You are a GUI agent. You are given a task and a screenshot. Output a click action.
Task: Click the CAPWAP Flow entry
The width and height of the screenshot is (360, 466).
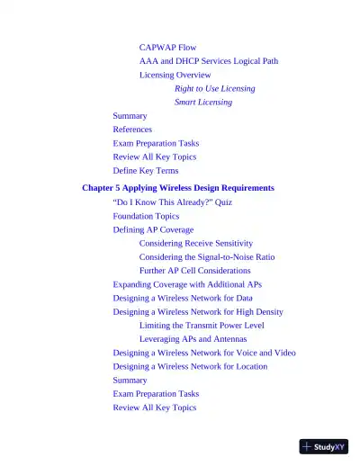coord(167,47)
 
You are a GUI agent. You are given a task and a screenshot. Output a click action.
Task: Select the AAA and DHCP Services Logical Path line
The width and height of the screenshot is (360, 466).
coord(208,61)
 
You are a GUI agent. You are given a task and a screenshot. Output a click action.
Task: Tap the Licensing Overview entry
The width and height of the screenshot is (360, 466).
coord(175,75)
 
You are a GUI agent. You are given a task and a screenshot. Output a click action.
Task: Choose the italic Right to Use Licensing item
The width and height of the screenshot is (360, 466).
coord(214,88)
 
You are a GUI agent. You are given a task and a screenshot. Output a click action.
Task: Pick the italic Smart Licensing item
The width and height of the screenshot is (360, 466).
coord(202,102)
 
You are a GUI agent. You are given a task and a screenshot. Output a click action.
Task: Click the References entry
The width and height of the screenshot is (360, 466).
coord(132,130)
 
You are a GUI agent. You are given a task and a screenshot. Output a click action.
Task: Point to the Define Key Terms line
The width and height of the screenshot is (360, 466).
coord(145,170)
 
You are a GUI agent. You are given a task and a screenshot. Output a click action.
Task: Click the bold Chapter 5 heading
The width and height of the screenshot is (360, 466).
coord(177,188)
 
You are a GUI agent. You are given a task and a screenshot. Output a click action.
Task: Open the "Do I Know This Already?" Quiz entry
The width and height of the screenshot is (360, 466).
coord(172,202)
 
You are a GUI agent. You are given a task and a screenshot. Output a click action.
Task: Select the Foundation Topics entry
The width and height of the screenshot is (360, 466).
coord(146,216)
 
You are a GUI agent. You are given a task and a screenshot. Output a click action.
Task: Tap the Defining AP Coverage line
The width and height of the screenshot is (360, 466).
coord(153,229)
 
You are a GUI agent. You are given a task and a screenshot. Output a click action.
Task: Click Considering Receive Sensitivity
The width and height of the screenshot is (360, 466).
coord(195,243)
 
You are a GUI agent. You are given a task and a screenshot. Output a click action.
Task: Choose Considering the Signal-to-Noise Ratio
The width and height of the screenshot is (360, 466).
coord(207,256)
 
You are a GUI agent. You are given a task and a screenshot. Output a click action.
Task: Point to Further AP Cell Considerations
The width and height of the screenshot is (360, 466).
coord(194,270)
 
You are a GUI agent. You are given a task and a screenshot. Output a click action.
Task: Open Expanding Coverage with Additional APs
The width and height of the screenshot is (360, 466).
coord(187,284)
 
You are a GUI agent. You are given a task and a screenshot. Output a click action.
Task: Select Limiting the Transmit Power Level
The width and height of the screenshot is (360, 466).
coord(202,325)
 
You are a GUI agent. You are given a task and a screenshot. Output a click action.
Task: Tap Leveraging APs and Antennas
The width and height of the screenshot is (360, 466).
coord(193,338)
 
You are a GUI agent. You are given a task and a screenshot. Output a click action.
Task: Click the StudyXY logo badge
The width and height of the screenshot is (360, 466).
coord(323,446)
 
